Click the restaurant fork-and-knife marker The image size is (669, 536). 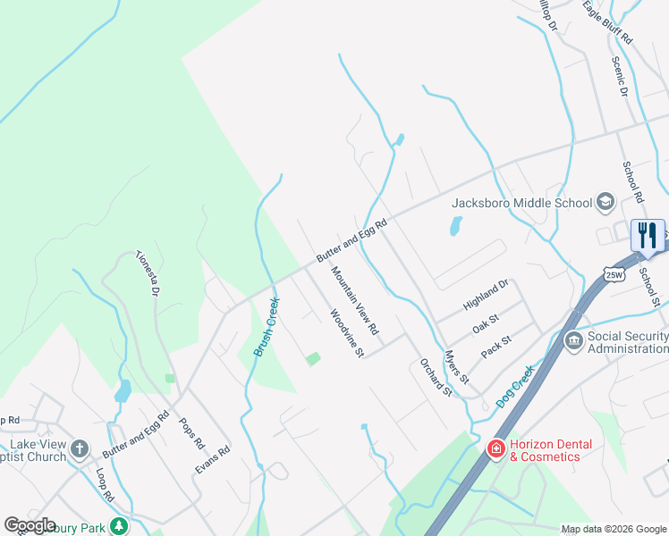pyautogui.click(x=648, y=236)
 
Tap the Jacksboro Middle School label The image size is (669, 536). pyautogui.click(x=522, y=203)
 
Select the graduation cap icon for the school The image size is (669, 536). pyautogui.click(x=605, y=202)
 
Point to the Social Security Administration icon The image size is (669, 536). pyautogui.click(x=574, y=341)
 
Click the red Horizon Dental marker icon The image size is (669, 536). pyautogui.click(x=495, y=448)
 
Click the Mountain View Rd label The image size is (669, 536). pyautogui.click(x=355, y=301)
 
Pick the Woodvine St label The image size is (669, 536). pyautogui.click(x=346, y=333)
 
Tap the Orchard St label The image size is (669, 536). pyautogui.click(x=436, y=377)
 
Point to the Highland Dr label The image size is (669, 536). pyautogui.click(x=486, y=295)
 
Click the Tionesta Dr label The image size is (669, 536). pyautogui.click(x=148, y=272)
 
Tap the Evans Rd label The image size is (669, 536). pyautogui.click(x=213, y=460)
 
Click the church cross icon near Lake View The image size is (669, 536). pyautogui.click(x=80, y=448)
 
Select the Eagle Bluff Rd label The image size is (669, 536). pyautogui.click(x=608, y=23)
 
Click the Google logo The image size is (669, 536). pyautogui.click(x=30, y=525)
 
